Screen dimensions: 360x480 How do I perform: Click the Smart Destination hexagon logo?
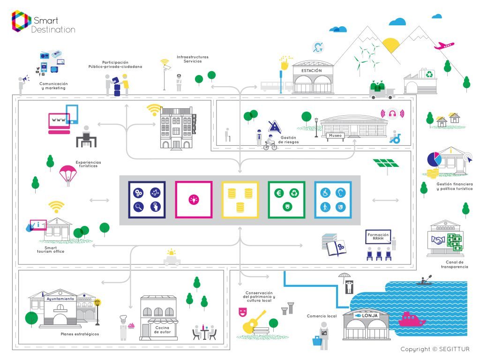point(21,22)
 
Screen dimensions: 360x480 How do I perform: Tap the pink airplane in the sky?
point(444,45)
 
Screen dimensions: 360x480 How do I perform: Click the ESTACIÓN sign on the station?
point(311,70)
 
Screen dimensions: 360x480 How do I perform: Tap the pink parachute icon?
point(67,174)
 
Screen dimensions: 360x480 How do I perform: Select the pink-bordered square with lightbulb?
point(193,199)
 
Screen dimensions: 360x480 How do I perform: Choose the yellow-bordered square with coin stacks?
point(240,199)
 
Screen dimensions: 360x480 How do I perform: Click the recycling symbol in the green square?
point(294,192)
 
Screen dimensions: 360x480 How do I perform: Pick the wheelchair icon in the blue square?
point(324,192)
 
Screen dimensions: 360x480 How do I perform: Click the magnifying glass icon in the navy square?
point(138,207)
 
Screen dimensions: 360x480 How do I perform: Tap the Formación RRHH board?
point(378,236)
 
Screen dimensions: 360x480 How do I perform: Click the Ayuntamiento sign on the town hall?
point(60,299)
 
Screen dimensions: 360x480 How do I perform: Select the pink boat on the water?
point(411,320)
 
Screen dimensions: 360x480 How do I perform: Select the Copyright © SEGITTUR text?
point(435,349)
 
